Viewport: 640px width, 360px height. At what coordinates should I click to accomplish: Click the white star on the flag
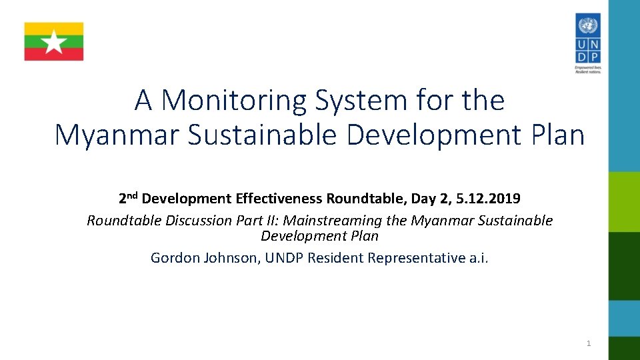tap(54, 42)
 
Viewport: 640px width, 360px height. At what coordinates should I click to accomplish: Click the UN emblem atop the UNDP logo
tap(587, 27)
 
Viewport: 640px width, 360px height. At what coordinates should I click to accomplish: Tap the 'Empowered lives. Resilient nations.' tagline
tap(587, 69)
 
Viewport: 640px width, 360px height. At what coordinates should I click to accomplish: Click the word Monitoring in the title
tap(235, 101)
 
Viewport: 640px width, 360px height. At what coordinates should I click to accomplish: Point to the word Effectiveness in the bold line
tap(279, 199)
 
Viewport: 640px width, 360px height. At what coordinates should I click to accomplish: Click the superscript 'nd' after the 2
tap(133, 195)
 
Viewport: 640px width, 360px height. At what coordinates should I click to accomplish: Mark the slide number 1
tap(588, 343)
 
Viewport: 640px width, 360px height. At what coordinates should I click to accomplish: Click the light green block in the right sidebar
tap(624, 201)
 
